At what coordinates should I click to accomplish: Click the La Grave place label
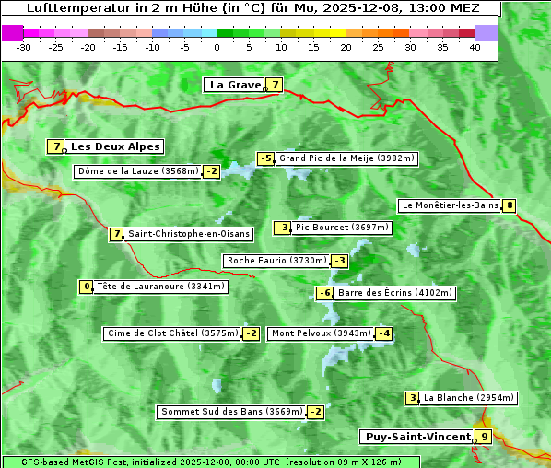(236, 85)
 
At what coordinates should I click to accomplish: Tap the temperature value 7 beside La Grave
(275, 85)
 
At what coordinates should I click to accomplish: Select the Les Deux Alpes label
(116, 146)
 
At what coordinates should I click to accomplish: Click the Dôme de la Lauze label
(138, 171)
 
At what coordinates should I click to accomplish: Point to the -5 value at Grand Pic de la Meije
(266, 158)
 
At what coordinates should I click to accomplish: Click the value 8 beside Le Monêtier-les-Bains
(509, 205)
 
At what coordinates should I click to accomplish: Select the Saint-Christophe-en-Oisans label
(189, 234)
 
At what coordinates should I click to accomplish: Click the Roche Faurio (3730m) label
(276, 261)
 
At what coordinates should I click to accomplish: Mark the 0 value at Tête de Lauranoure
(87, 287)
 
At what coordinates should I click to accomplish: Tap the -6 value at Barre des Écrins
(324, 293)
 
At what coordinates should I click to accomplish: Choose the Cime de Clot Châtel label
(172, 333)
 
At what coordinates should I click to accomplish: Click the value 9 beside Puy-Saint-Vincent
(484, 437)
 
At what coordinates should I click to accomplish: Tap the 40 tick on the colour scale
(475, 47)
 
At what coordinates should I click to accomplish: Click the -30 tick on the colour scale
(24, 47)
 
